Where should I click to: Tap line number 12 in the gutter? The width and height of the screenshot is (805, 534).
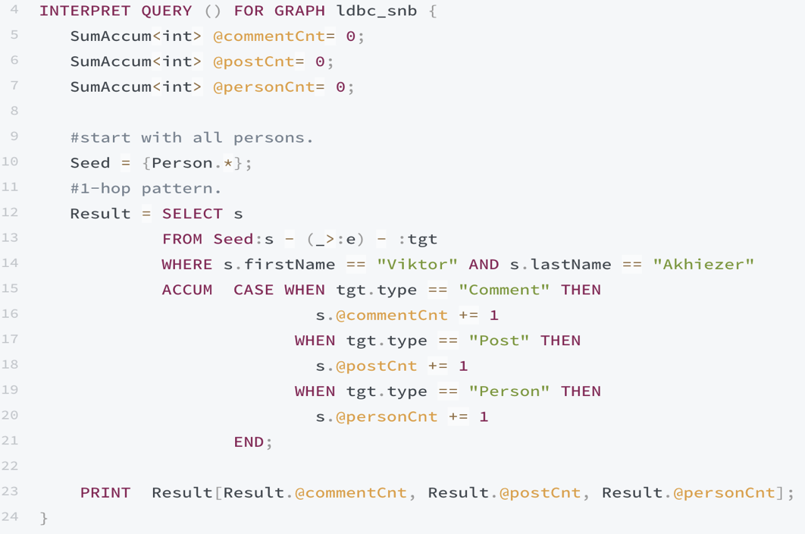tap(11, 212)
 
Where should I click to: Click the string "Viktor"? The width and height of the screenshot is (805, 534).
tap(417, 264)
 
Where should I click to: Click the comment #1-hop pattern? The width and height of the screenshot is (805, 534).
tap(146, 187)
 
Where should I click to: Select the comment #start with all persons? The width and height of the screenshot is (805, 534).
tap(192, 137)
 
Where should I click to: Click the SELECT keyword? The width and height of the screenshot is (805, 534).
tap(192, 213)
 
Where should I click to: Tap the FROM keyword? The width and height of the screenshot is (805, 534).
tap(182, 239)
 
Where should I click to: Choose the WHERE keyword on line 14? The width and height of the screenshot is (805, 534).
tap(186, 264)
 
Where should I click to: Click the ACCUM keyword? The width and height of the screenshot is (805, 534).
tap(186, 290)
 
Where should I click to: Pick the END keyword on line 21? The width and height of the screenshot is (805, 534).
tap(249, 441)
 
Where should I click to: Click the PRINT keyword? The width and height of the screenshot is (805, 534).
tap(105, 492)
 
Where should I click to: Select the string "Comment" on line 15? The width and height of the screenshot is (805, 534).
tap(504, 290)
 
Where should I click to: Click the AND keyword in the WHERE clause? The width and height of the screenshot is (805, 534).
tap(484, 264)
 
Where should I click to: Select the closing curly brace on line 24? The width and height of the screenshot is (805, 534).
tap(44, 517)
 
